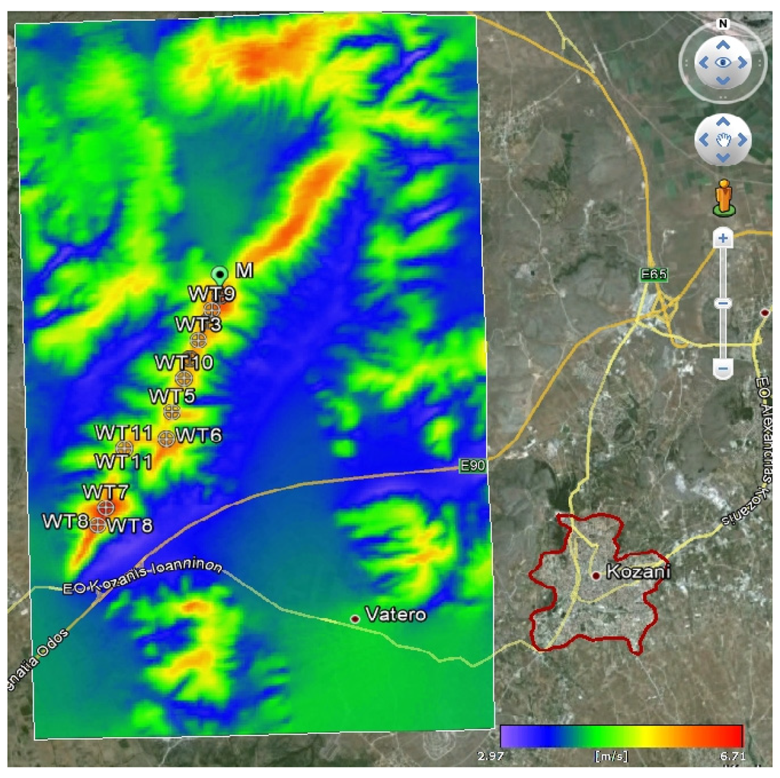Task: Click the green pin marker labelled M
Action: (219, 274)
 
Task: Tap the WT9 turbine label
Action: (212, 293)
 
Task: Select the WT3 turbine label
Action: (198, 324)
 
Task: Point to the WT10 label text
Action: (184, 362)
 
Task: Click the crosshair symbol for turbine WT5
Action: (172, 412)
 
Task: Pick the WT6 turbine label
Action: (199, 435)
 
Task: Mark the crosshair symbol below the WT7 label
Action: (106, 507)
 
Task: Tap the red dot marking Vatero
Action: (355, 618)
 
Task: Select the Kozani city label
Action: (638, 572)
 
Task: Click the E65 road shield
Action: (654, 275)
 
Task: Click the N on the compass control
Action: (723, 24)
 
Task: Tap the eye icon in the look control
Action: (723, 62)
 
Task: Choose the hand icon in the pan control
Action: (723, 139)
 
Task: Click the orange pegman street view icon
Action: (723, 197)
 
